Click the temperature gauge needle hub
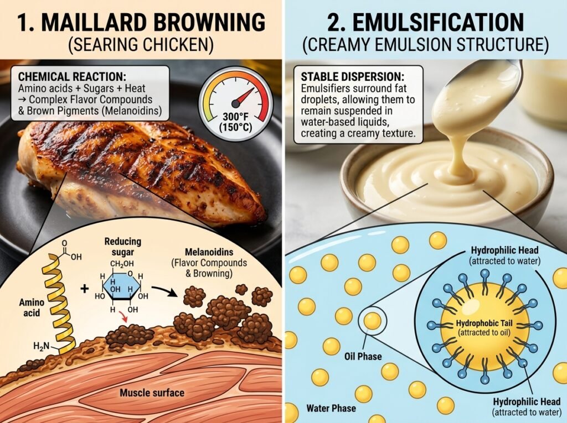[235, 104]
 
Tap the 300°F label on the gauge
[236, 117]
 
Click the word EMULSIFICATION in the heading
[438, 23]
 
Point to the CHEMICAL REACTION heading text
[72, 76]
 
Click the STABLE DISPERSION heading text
[352, 77]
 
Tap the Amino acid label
[32, 307]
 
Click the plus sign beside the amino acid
[85, 289]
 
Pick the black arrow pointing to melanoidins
[165, 290]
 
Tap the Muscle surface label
[152, 393]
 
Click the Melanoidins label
[209, 252]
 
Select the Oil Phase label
[363, 357]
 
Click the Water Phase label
[331, 408]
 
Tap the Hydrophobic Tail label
[484, 323]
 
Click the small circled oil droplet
[372, 320]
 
